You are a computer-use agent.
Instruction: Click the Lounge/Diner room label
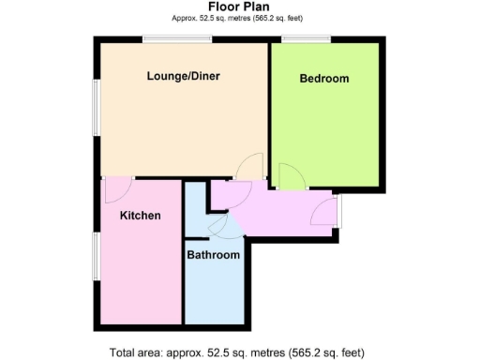(x=183, y=77)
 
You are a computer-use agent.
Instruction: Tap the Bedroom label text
(x=323, y=79)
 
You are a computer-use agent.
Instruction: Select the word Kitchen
(x=141, y=216)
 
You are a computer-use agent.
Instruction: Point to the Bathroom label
(x=213, y=255)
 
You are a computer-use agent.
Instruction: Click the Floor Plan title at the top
(x=240, y=7)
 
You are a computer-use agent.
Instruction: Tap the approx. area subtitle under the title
(x=240, y=19)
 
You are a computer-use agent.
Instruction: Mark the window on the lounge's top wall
(x=177, y=39)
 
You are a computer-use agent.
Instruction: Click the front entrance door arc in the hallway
(x=324, y=212)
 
